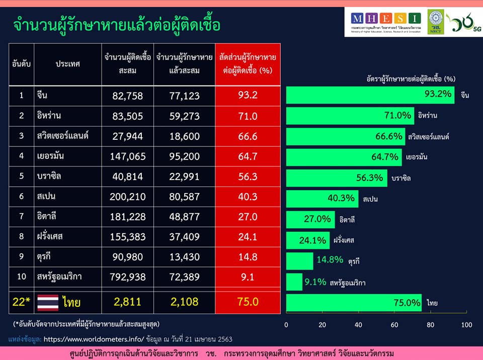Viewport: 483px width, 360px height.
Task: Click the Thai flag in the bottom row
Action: (x=48, y=302)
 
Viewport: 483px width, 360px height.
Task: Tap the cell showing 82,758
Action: (x=128, y=96)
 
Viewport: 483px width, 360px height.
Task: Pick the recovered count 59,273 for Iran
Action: (x=184, y=116)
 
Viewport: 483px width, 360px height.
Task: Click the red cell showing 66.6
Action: (x=248, y=136)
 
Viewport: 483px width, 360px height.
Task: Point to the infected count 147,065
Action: (x=128, y=156)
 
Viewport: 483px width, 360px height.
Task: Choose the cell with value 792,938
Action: (x=128, y=277)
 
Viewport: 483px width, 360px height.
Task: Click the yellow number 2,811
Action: (x=128, y=302)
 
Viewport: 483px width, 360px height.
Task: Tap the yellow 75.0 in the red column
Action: (x=248, y=302)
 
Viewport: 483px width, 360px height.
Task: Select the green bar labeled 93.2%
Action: (x=370, y=95)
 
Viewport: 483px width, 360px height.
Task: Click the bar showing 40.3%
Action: (x=322, y=199)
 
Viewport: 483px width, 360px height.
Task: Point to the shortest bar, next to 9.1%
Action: (x=294, y=282)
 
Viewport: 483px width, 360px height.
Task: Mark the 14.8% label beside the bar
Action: (x=330, y=260)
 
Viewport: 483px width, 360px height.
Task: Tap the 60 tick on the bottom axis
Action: (x=394, y=325)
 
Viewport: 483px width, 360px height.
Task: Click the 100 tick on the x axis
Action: (x=466, y=325)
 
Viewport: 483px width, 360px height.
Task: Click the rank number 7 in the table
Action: (x=22, y=217)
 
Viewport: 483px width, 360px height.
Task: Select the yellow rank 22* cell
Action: (x=22, y=302)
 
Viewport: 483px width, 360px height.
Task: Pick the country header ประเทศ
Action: (x=68, y=64)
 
